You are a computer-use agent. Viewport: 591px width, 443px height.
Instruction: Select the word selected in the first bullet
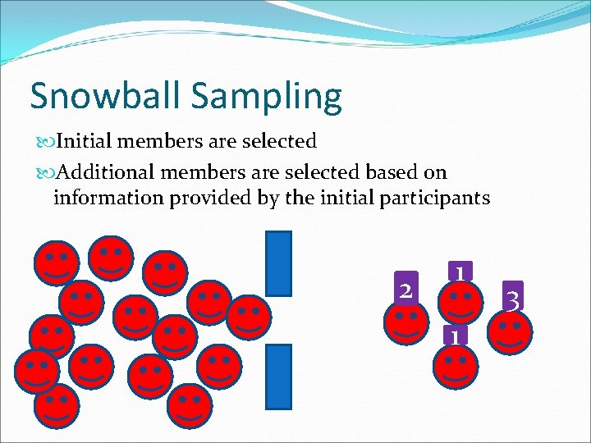pyautogui.click(x=277, y=141)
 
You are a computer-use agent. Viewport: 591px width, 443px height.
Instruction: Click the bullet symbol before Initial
pyautogui.click(x=43, y=142)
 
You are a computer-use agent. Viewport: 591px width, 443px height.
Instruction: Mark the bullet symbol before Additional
pyautogui.click(x=43, y=173)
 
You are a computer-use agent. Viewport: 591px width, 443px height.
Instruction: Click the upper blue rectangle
pyautogui.click(x=280, y=263)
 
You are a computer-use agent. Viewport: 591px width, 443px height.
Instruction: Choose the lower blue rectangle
pyautogui.click(x=280, y=376)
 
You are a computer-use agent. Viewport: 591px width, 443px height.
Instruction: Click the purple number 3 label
pyautogui.click(x=512, y=299)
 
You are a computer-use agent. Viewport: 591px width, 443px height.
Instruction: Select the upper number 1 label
pyautogui.click(x=460, y=272)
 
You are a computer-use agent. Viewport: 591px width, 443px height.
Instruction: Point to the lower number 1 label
pyautogui.click(x=454, y=335)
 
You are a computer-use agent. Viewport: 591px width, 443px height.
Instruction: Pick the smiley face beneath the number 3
pyautogui.click(x=509, y=331)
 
